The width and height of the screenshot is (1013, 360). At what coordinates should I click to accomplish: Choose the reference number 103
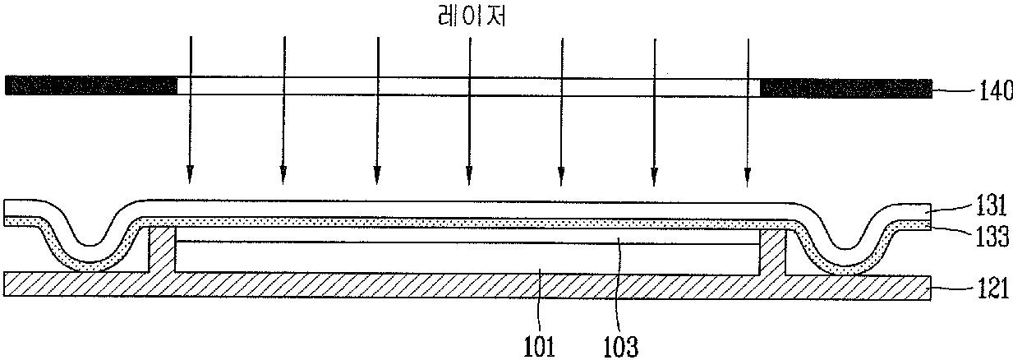(x=619, y=345)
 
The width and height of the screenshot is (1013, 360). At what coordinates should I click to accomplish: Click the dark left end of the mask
(x=91, y=85)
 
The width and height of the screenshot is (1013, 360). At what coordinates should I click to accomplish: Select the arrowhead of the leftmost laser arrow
(x=190, y=174)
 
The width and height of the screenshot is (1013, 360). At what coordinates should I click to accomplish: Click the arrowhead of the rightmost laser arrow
(x=747, y=174)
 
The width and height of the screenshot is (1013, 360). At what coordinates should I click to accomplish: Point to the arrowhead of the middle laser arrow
(x=469, y=174)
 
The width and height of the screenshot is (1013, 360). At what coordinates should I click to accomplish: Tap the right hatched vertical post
(x=772, y=252)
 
